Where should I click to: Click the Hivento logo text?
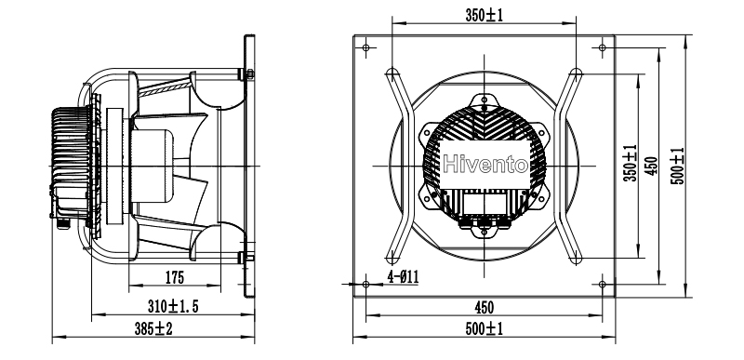(485, 165)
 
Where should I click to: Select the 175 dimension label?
(175, 277)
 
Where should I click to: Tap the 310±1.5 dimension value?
(173, 307)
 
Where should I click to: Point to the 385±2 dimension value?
(153, 328)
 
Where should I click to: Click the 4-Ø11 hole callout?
(404, 276)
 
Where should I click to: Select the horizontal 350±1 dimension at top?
(484, 15)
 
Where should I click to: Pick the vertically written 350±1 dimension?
(631, 163)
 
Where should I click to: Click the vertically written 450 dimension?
(652, 166)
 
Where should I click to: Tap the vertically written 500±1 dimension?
(679, 166)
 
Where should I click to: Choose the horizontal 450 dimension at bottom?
(484, 308)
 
